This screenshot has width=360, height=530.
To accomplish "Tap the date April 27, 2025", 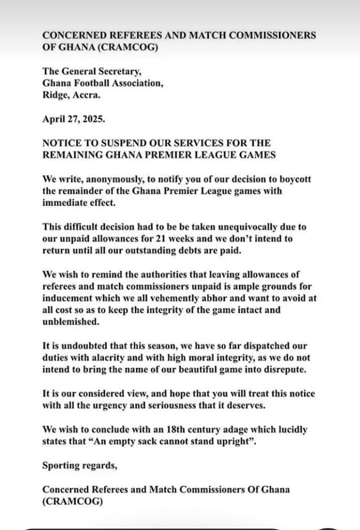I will pyautogui.click(x=69, y=118).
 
